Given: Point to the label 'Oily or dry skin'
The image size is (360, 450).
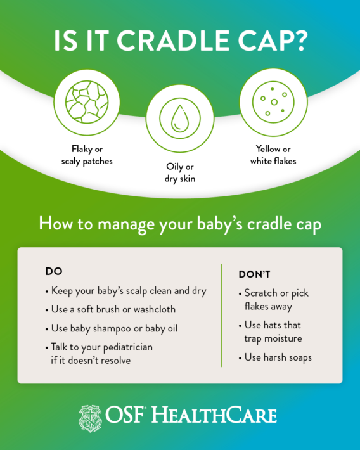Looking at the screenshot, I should point(179,173).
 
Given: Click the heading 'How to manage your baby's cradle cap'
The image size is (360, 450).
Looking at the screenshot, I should point(179,224).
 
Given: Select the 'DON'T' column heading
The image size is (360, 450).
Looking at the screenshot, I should point(254,274).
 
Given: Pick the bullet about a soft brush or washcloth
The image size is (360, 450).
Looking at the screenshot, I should point(110,310).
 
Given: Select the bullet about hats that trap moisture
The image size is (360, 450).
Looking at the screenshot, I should point(274,331).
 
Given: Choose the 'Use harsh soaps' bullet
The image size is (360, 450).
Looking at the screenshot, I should point(278,357).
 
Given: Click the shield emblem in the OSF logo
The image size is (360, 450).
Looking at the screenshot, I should point(91,416).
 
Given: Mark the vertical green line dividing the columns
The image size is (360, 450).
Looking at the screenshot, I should point(222,315).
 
